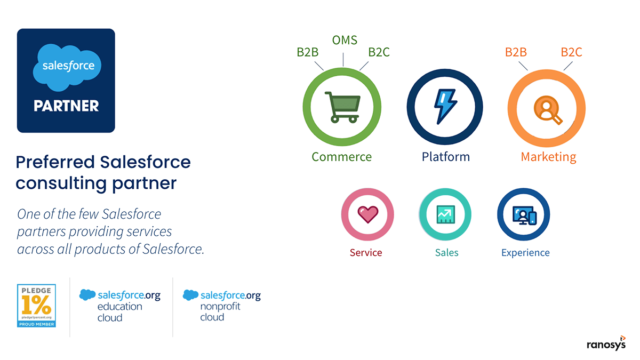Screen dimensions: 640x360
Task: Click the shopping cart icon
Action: [342, 107]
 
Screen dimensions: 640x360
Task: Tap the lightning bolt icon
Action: [445, 107]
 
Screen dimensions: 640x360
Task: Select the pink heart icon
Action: [367, 214]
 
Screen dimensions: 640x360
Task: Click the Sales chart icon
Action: [446, 214]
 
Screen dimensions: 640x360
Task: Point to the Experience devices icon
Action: [524, 215]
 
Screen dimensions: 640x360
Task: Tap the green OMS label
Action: [345, 41]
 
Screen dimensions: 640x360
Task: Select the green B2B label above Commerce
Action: [307, 52]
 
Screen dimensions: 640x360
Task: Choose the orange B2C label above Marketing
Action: [571, 52]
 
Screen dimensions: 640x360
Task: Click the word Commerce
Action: [342, 157]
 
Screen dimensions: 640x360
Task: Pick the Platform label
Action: [446, 157]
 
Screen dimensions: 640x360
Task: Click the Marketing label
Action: [548, 157]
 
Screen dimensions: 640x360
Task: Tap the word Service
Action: [366, 253]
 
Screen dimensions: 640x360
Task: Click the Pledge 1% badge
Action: [36, 306]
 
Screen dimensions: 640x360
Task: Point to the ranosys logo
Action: [606, 343]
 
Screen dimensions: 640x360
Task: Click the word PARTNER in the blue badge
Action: [66, 106]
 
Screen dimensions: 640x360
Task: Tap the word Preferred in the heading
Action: [55, 162]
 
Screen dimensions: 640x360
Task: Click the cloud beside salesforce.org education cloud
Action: [87, 294]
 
